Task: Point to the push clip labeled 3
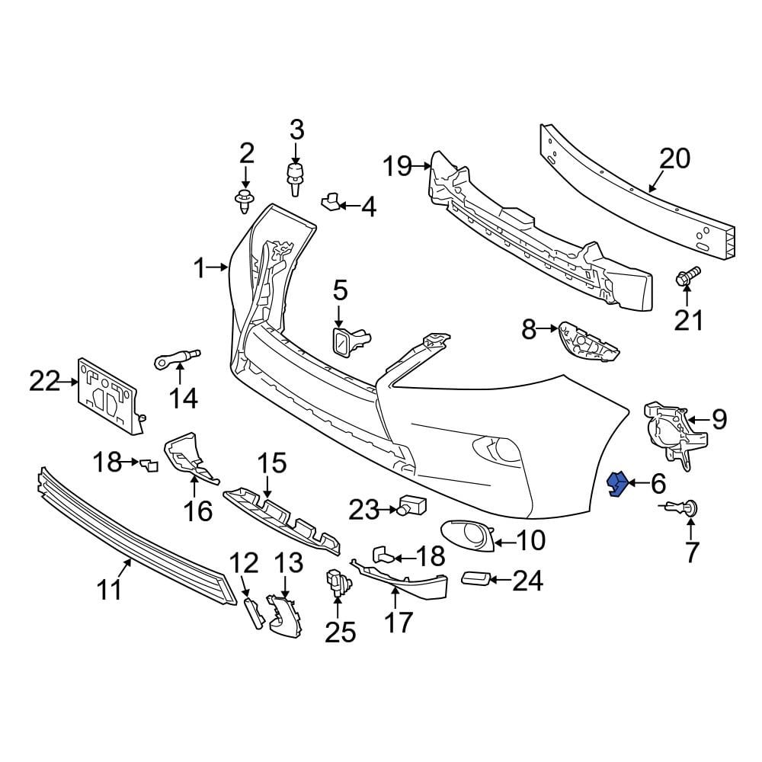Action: [x=295, y=177]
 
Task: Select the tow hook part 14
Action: [x=178, y=356]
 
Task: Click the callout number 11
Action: [x=110, y=588]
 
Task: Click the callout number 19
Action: [x=398, y=165]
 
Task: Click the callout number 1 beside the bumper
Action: [x=199, y=267]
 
